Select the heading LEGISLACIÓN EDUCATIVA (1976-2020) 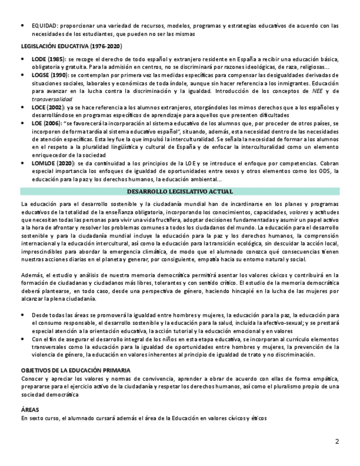coord(71,46)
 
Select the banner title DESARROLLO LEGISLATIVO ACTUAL coord(180,191)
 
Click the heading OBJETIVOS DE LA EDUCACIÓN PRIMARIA coord(75,371)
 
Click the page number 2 coord(337,441)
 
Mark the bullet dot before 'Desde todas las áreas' coord(23,315)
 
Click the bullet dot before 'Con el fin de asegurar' coord(23,339)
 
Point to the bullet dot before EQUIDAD coord(23,25)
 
